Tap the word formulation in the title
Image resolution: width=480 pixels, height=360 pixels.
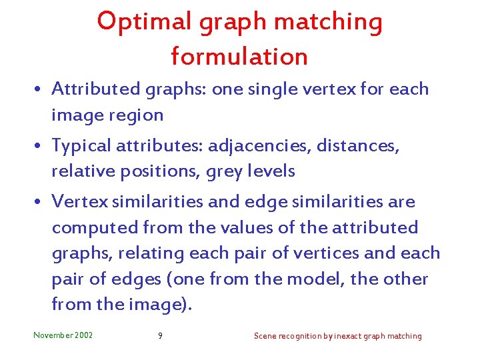pyautogui.click(x=239, y=56)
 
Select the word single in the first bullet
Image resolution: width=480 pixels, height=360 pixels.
pyautogui.click(x=280, y=89)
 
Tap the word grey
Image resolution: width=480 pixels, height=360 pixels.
pyautogui.click(x=227, y=172)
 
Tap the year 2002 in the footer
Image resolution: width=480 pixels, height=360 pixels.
pyautogui.click(x=85, y=335)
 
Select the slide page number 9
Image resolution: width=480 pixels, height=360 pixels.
pyautogui.click(x=160, y=336)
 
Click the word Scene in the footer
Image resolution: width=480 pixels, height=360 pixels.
pyautogui.click(x=264, y=336)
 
